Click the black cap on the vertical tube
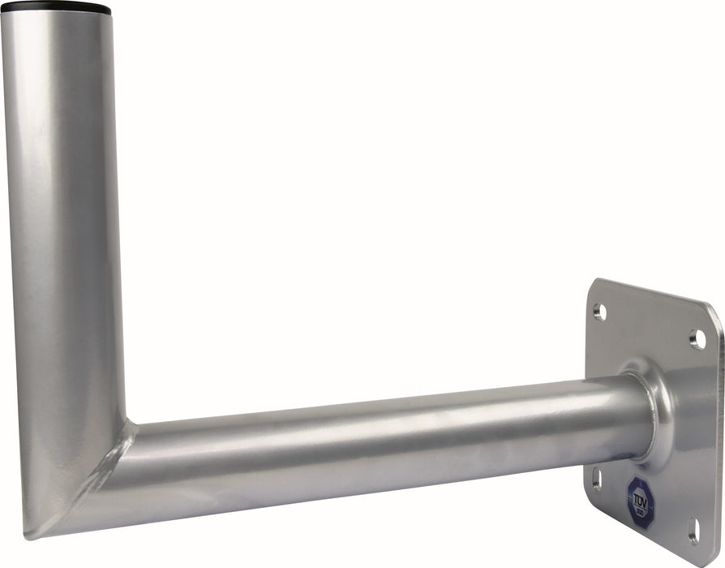(x=56, y=8)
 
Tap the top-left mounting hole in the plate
(x=599, y=311)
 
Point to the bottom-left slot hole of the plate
(x=597, y=478)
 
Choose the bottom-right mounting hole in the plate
(x=694, y=531)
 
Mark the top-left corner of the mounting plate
(x=592, y=282)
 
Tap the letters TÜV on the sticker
(x=640, y=489)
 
